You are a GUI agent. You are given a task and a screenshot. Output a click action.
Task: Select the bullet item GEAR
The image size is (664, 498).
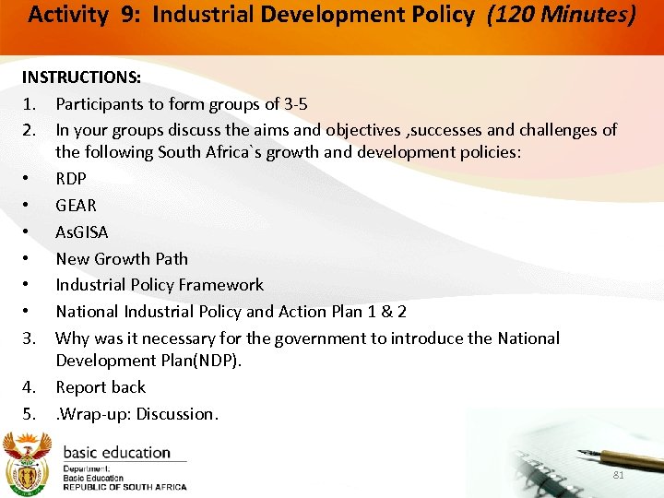(76, 205)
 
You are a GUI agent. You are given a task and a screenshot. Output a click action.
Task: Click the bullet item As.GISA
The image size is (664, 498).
(81, 231)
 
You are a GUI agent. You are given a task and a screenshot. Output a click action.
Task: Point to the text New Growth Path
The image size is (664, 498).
(122, 258)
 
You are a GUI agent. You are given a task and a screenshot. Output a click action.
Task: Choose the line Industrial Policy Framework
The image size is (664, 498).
(160, 285)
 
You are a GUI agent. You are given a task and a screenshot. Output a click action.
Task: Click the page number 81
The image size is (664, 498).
(619, 476)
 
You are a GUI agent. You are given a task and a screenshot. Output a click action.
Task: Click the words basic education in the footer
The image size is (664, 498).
(116, 453)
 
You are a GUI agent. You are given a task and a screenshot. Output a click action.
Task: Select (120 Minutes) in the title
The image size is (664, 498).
(562, 16)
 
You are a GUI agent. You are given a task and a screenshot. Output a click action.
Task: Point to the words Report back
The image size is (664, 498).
(101, 387)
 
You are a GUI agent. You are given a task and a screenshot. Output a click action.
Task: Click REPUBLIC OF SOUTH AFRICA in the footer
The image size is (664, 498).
(125, 487)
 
